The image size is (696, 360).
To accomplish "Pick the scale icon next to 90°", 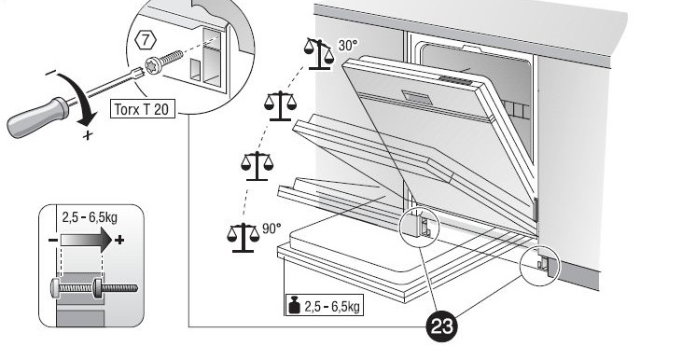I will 242,237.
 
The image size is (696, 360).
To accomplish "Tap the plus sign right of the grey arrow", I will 120,242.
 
